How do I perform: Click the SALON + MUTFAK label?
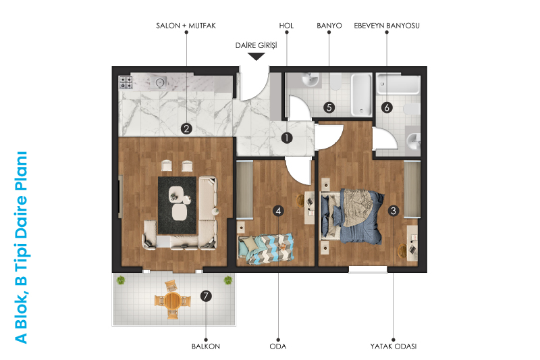point(186,26)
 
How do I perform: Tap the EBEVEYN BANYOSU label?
point(387,26)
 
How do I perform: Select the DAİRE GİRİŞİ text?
point(256,45)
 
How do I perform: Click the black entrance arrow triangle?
point(256,57)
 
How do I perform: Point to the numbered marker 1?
point(286,138)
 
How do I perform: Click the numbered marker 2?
point(186,129)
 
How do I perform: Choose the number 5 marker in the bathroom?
point(329,107)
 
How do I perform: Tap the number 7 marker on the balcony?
point(206,296)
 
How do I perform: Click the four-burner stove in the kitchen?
point(126,82)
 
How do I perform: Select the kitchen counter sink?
point(159,82)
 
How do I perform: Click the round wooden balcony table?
point(173,301)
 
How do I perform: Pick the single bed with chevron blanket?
point(266,249)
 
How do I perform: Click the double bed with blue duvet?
point(352,216)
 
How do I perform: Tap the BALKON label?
point(206,346)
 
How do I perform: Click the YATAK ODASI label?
point(394,346)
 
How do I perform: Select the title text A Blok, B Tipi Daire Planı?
point(21,247)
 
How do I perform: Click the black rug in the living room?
point(178,205)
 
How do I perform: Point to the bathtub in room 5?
point(361,95)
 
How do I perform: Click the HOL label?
point(286,26)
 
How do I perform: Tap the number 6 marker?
point(387,107)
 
